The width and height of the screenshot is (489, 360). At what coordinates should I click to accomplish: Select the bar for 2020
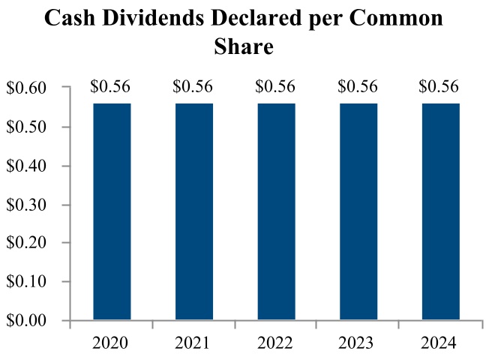[x=112, y=211]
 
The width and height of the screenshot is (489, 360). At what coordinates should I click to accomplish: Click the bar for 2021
[x=194, y=211]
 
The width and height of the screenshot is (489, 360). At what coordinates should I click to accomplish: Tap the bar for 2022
[x=276, y=211]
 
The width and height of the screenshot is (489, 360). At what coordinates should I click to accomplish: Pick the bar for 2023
[x=358, y=211]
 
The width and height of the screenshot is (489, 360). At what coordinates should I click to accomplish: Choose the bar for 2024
[x=441, y=211]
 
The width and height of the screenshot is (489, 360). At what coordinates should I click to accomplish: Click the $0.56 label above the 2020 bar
[x=110, y=87]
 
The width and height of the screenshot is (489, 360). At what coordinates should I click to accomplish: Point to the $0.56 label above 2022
[x=275, y=87]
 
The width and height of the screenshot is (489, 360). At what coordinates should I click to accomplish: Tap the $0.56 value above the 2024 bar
[x=440, y=87]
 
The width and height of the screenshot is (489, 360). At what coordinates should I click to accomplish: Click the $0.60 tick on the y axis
[x=27, y=89]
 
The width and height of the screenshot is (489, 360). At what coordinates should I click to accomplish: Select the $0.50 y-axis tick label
[x=27, y=127]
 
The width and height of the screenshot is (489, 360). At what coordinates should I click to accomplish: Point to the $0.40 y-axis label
[x=27, y=166]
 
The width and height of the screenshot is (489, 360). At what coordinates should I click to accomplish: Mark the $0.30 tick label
[x=27, y=205]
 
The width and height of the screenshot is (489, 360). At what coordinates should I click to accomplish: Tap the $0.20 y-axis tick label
[x=27, y=244]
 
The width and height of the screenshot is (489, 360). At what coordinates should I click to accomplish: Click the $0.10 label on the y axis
[x=27, y=282]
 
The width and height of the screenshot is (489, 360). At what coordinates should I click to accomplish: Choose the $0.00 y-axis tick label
[x=27, y=321]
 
